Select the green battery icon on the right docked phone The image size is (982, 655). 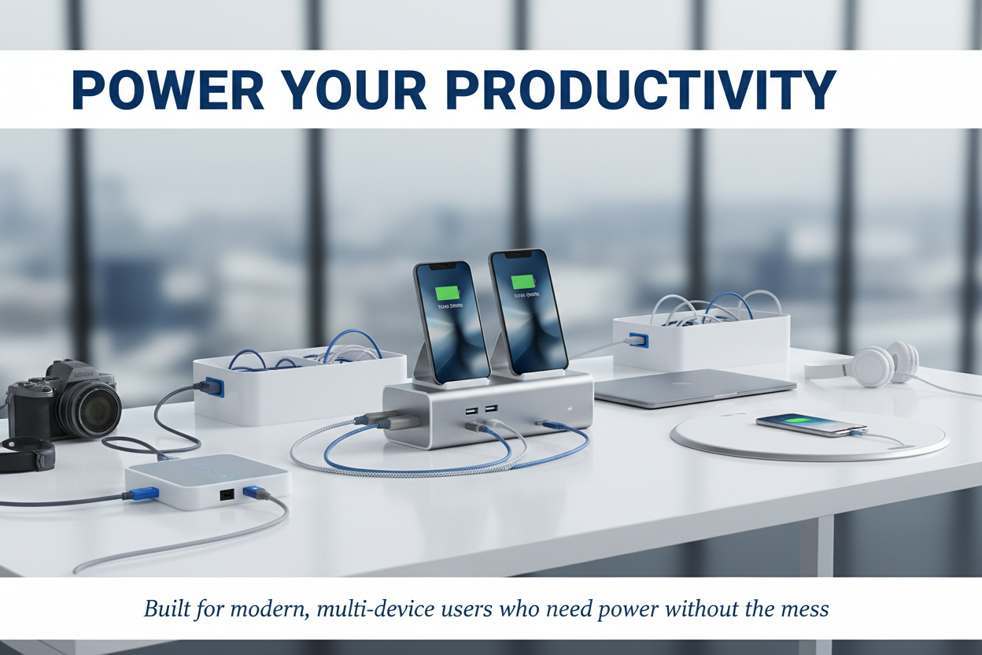click(x=522, y=282)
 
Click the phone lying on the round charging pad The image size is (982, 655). click(x=810, y=425)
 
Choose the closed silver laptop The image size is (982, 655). click(x=692, y=387)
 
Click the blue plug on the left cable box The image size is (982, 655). click(x=213, y=387)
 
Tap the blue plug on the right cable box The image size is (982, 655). click(x=638, y=340)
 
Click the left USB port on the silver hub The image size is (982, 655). click(x=471, y=410)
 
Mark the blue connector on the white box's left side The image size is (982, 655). click(x=144, y=494)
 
